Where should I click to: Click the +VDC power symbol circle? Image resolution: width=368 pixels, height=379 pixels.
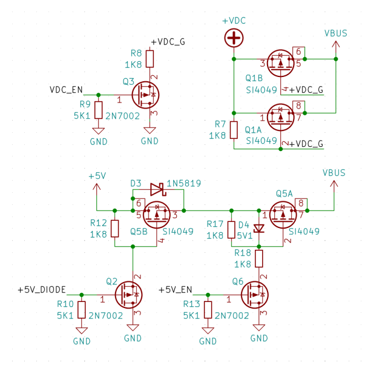pyautogui.click(x=234, y=39)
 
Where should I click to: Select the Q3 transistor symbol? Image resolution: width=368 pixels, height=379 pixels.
pyautogui.click(x=145, y=95)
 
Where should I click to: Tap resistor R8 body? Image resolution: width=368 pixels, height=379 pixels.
pyautogui.click(x=149, y=58)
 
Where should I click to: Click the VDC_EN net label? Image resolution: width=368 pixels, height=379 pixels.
pyautogui.click(x=66, y=90)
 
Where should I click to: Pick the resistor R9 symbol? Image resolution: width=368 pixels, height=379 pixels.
pyautogui.click(x=98, y=110)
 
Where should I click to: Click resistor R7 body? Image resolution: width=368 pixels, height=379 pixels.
pyautogui.click(x=234, y=130)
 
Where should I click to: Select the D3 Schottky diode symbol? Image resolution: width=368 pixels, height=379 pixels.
pyautogui.click(x=157, y=189)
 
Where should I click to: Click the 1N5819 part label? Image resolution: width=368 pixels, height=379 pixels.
pyautogui.click(x=184, y=183)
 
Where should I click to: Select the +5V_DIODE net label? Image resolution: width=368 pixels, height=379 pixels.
pyautogui.click(x=42, y=289)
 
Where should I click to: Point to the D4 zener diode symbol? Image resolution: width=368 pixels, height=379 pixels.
pyautogui.click(x=259, y=229)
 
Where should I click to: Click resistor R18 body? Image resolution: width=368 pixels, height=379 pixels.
pyautogui.click(x=259, y=259)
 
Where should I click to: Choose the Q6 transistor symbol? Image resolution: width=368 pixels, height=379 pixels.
pyautogui.click(x=255, y=295)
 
